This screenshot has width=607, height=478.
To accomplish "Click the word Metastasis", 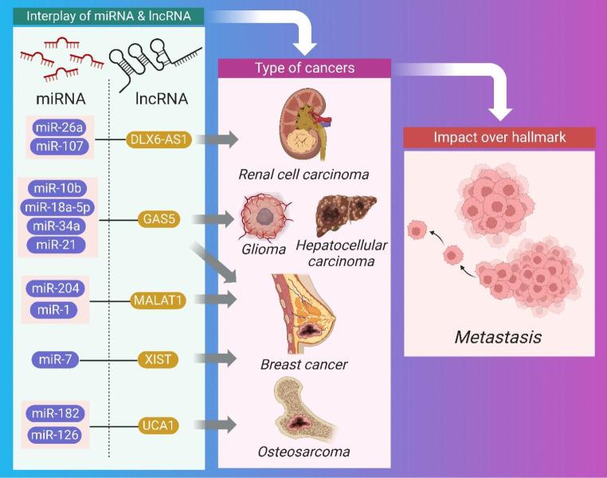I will click(x=498, y=337).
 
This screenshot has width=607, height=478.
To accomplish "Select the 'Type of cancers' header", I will click(x=304, y=69).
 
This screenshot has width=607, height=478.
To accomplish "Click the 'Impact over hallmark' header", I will click(x=499, y=136).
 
